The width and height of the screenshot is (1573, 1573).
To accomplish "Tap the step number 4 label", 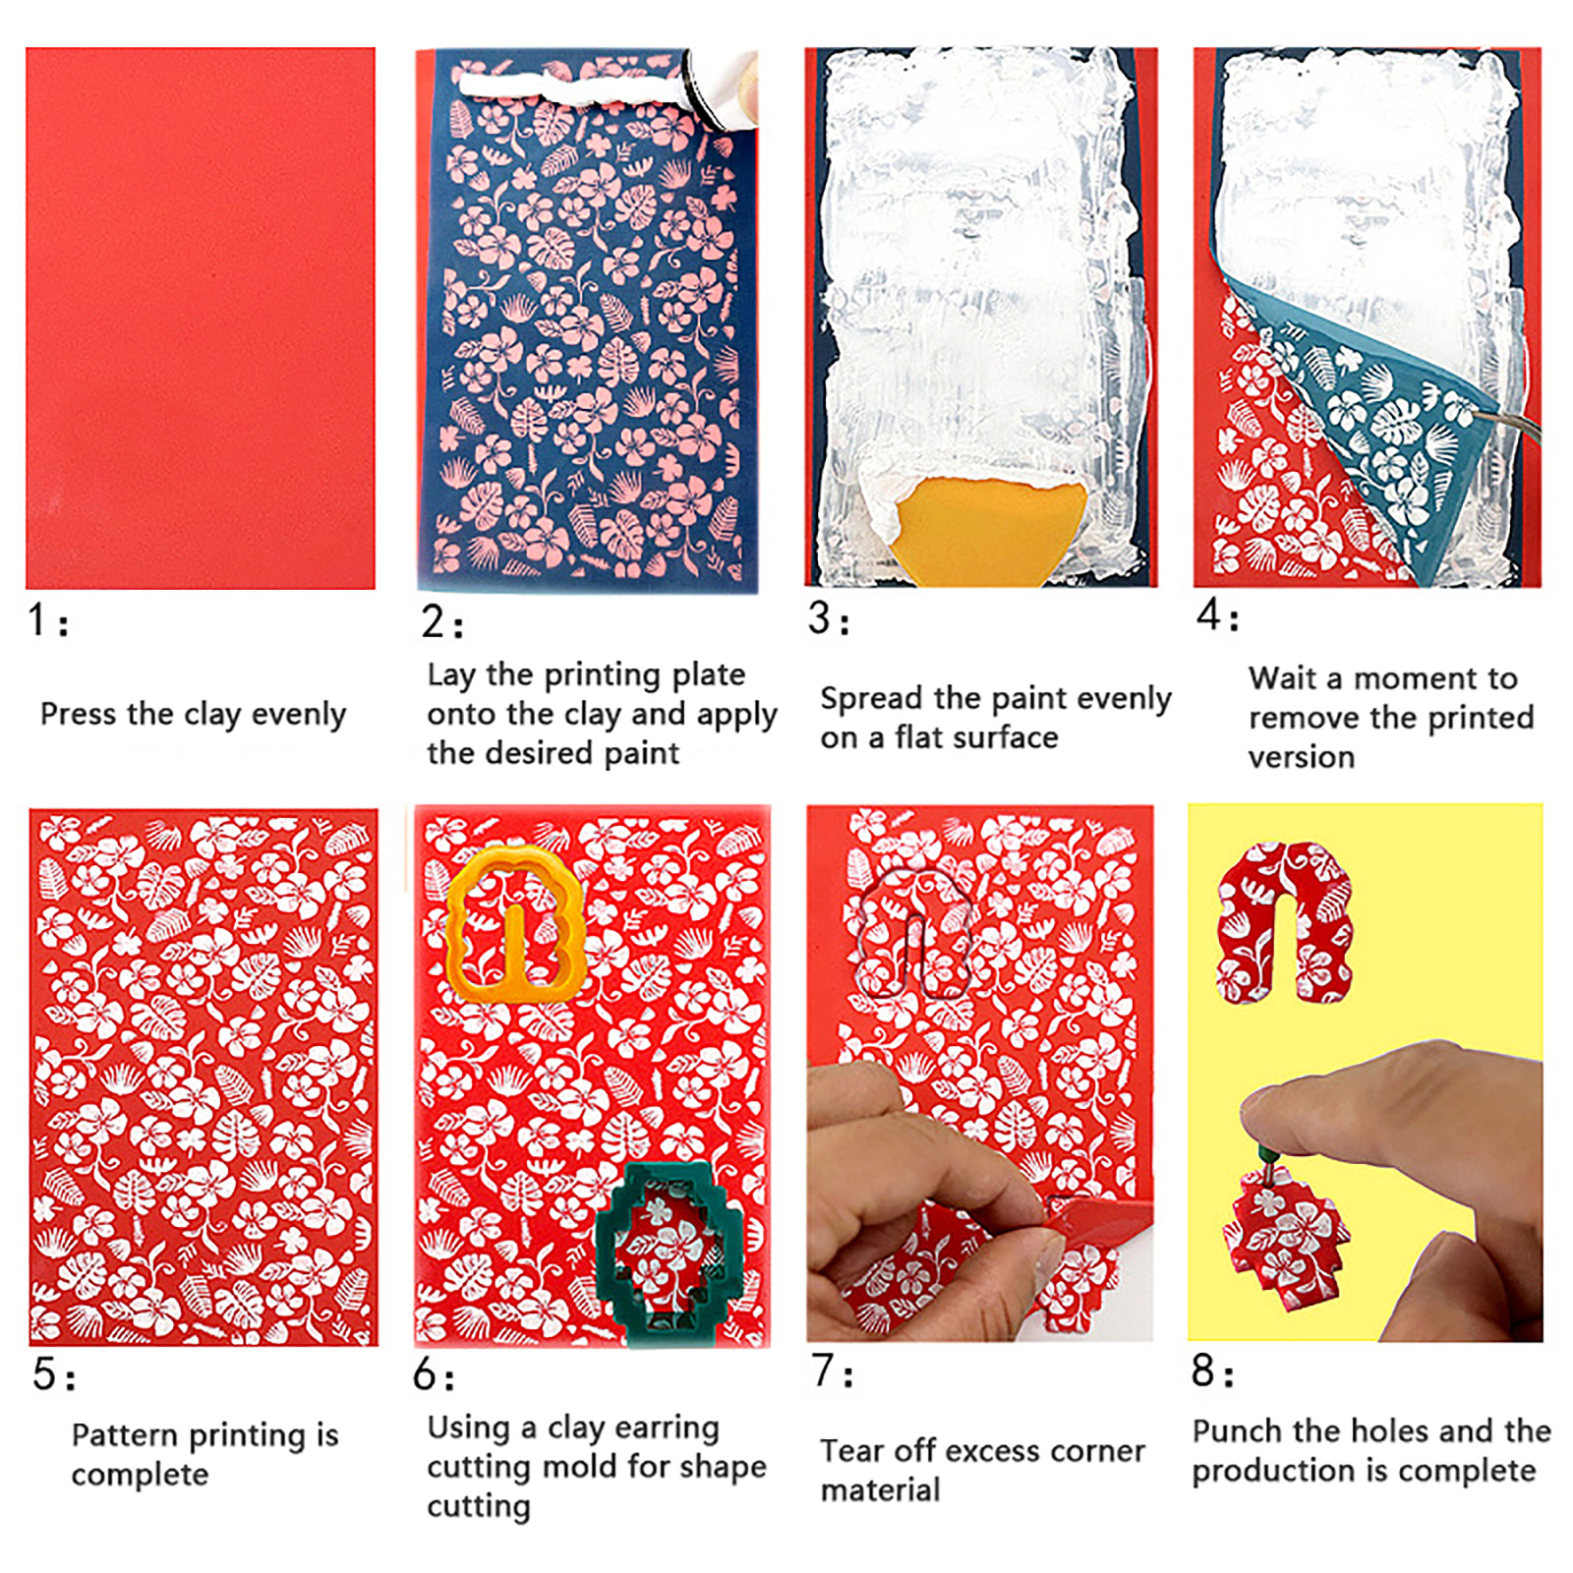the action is [1217, 615].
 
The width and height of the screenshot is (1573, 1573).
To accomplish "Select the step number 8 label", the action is [1211, 1370].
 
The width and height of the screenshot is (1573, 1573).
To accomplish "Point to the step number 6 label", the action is [434, 1374].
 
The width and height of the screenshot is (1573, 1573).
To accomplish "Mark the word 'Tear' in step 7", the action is [851, 1450].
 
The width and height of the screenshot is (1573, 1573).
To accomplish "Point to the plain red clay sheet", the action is [201, 319].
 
